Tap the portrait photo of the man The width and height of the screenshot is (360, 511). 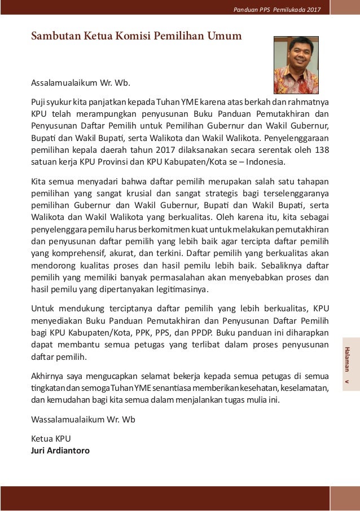pos(296,65)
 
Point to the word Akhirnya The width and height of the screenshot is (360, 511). pos(47,376)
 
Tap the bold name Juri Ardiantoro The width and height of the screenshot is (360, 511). pos(60,451)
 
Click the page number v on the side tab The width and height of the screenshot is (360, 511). pos(348,382)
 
